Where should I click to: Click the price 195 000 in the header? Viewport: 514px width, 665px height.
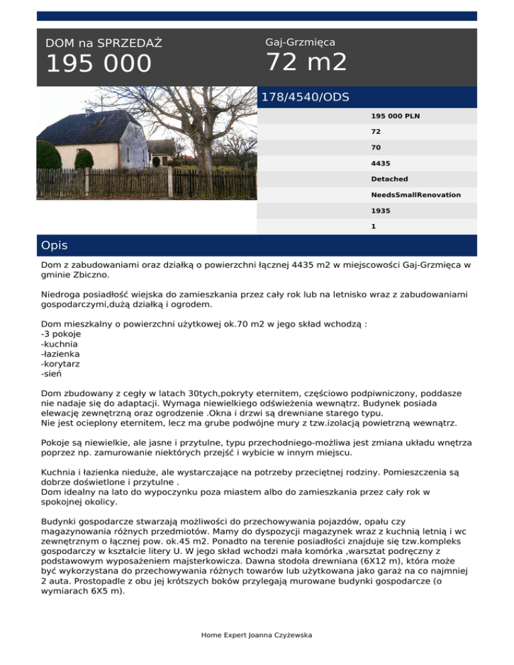[x=98, y=64]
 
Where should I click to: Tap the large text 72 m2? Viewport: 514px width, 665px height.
[x=307, y=62]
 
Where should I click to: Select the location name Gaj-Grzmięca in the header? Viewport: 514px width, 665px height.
[x=300, y=43]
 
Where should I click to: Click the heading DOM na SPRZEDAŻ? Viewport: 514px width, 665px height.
[x=104, y=43]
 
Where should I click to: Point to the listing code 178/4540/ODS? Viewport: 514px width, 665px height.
[x=305, y=98]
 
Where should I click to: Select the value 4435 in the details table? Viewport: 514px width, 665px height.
[x=381, y=163]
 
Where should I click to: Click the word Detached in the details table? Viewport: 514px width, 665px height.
[x=390, y=179]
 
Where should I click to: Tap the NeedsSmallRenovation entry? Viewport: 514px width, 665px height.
[x=416, y=195]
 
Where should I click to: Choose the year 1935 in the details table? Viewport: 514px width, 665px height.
[x=381, y=210]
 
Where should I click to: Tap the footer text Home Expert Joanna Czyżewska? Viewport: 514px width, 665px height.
[x=257, y=635]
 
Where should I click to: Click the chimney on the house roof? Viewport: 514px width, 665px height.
[x=87, y=113]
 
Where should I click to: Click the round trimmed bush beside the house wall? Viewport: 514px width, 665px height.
[x=84, y=160]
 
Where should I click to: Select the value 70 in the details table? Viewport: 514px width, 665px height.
[x=376, y=147]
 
